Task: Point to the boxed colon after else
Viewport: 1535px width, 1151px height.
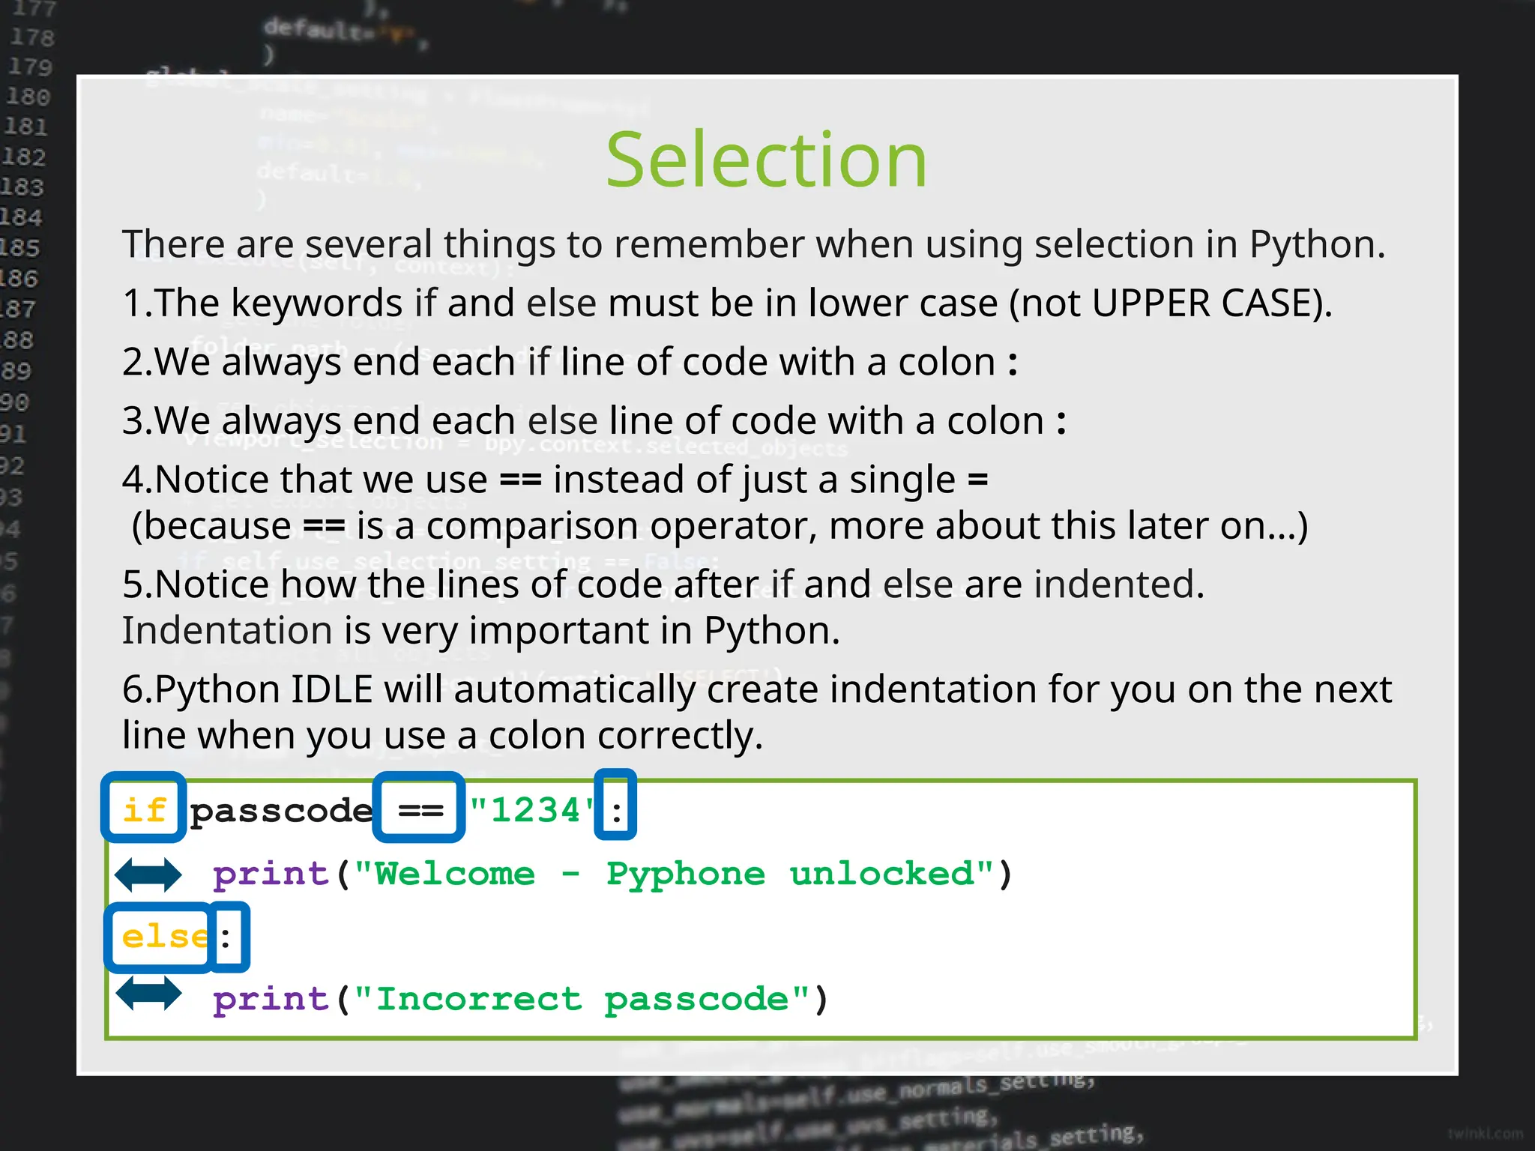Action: pos(227,937)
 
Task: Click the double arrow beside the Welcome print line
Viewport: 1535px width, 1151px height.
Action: pos(148,874)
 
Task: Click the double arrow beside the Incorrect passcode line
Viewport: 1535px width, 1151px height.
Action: pos(148,994)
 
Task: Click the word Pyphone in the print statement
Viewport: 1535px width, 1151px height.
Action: pos(685,874)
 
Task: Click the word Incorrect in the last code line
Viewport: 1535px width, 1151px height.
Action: pos(478,999)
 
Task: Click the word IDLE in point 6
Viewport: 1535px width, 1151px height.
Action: pos(331,689)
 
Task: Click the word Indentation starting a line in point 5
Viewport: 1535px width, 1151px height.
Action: pos(226,631)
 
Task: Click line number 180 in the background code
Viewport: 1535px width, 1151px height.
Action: pos(28,97)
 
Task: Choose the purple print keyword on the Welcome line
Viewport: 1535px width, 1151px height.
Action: pos(271,874)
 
